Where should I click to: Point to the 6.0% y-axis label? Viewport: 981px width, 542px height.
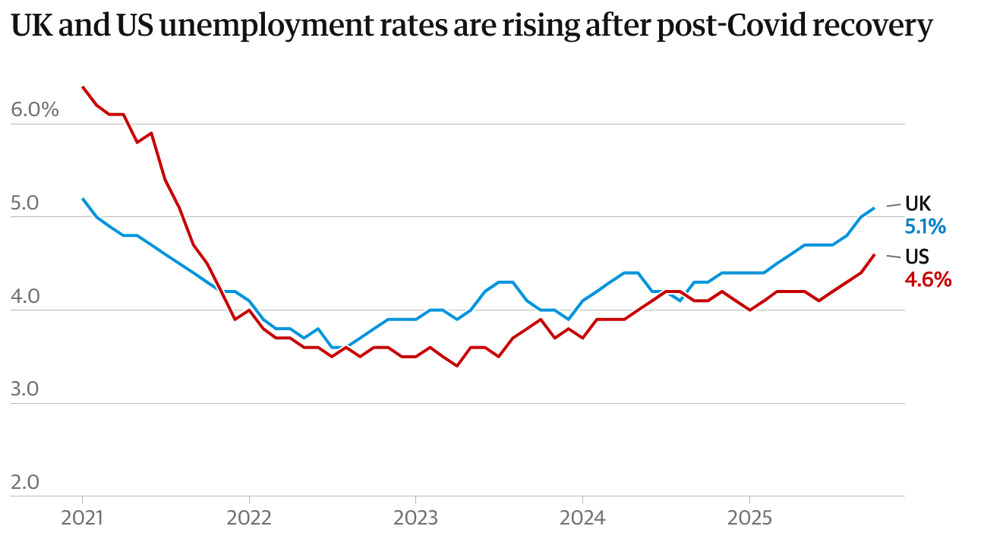[x=35, y=110]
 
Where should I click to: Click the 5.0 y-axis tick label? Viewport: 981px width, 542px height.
[x=26, y=203]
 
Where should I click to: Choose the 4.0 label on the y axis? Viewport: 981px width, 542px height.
[x=26, y=297]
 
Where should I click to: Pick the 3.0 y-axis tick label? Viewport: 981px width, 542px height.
[x=26, y=390]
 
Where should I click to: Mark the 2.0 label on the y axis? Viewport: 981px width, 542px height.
[x=26, y=484]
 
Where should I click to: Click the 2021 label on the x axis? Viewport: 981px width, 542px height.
[x=82, y=518]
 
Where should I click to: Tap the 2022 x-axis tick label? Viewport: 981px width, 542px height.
[x=249, y=518]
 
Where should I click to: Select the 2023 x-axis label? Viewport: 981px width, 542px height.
[x=415, y=518]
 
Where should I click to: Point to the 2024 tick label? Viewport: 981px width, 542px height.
[x=582, y=518]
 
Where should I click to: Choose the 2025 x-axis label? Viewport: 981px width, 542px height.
[x=749, y=518]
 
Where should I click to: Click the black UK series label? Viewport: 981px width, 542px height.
[x=918, y=203]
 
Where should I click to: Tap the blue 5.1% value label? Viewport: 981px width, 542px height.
[x=925, y=226]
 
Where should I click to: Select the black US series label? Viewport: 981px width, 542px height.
[x=917, y=257]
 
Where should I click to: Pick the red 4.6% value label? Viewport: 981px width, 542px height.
[x=928, y=279]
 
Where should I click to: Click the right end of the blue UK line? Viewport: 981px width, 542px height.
[x=875, y=208]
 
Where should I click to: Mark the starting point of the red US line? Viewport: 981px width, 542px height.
[x=82, y=87]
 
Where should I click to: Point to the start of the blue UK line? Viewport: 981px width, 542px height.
[x=82, y=199]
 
